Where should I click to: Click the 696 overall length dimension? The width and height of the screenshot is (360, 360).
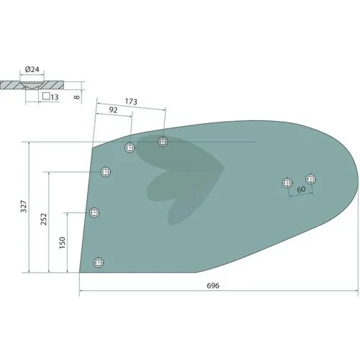point(213,286)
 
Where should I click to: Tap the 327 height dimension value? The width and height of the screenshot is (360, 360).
point(24,207)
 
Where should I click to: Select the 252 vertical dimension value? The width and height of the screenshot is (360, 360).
point(44,219)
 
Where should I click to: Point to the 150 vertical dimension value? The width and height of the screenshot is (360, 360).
point(62,243)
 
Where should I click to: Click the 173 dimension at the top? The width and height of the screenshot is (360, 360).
point(131,102)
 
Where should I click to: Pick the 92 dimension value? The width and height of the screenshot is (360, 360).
point(113,110)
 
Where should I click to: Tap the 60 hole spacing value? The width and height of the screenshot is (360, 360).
point(301,189)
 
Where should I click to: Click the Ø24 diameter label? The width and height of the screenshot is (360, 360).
point(32,69)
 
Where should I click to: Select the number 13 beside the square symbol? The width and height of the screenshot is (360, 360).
point(55,97)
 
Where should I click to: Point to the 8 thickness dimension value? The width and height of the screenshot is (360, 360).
point(77,97)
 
